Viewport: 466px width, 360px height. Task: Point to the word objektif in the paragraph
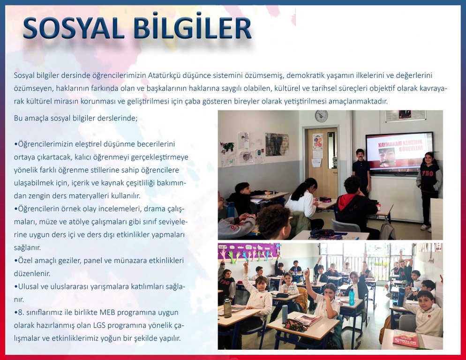click(395, 89)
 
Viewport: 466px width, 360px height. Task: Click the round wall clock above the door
click(321, 116)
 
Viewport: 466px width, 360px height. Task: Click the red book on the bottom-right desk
click(406, 338)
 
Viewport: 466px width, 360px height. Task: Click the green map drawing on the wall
click(229, 147)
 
